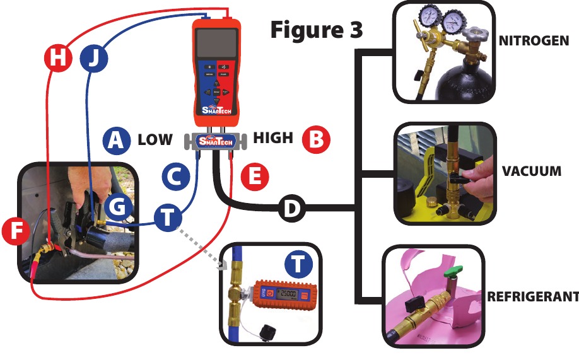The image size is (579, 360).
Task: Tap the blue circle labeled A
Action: [115, 141]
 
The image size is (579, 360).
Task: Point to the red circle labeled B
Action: [315, 139]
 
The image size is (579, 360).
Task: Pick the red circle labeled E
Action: [254, 177]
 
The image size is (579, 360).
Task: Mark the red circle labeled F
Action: [16, 231]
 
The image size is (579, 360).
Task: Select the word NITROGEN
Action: [534, 42]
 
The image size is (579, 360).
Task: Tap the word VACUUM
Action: [532, 171]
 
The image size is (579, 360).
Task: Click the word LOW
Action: [155, 140]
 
